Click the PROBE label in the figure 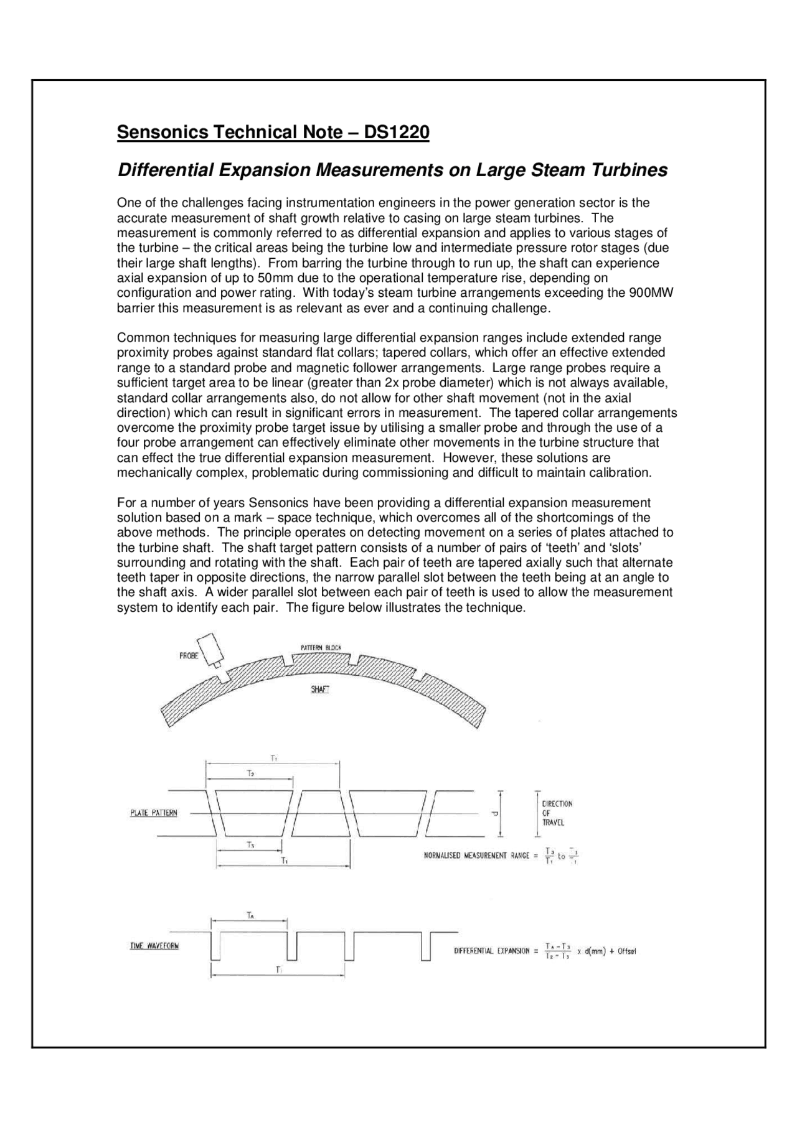(189, 656)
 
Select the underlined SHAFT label (319, 690)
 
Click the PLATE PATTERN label (153, 813)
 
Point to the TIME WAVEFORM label (154, 946)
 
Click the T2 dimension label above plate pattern (250, 773)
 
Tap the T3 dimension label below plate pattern (250, 845)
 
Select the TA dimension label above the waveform (250, 915)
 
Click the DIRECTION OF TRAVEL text (557, 813)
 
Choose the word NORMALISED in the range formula (443, 856)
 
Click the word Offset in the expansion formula (626, 951)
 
